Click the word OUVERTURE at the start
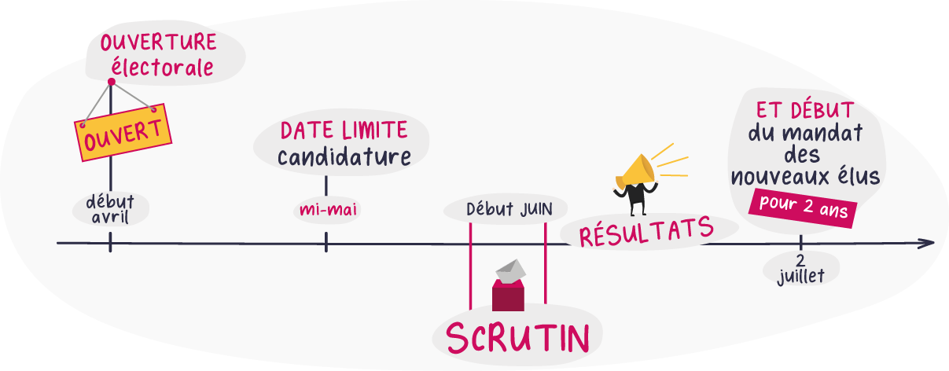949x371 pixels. [x=158, y=42]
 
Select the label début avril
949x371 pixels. [x=109, y=208]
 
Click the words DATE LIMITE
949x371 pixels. [x=344, y=130]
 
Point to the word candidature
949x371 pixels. [x=344, y=157]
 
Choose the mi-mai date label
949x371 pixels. [x=325, y=211]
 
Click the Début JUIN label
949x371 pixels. [x=509, y=210]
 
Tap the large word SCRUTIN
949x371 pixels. [x=517, y=337]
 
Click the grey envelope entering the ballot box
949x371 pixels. [x=510, y=270]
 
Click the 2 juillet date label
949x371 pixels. [x=800, y=269]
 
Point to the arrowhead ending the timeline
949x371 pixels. [x=928, y=243]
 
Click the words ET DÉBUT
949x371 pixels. [x=804, y=109]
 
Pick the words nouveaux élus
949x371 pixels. [x=804, y=177]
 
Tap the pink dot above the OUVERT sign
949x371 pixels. [x=111, y=82]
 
